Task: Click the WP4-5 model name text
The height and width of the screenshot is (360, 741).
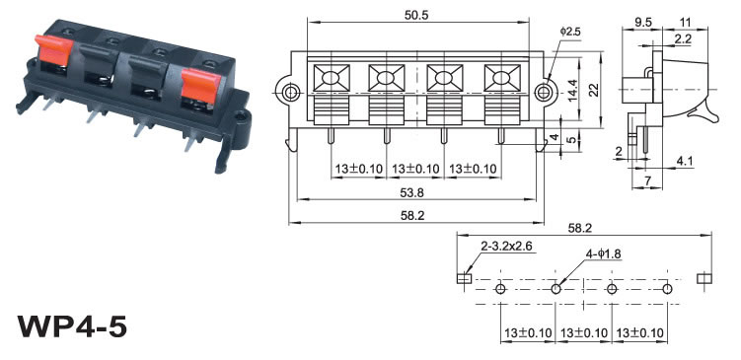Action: coord(72,326)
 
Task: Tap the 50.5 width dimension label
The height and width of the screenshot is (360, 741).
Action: coord(415,15)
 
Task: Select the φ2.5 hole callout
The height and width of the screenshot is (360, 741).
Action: coord(570,32)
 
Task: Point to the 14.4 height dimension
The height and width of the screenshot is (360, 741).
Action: coord(572,89)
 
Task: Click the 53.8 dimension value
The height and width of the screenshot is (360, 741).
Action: coord(412,192)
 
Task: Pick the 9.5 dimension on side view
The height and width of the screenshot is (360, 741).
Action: coord(642,22)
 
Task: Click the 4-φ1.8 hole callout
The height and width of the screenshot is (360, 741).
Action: coord(603,254)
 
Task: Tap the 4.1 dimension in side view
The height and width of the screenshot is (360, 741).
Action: coord(685,161)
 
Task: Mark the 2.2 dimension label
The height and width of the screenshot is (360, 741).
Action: coord(683,39)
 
